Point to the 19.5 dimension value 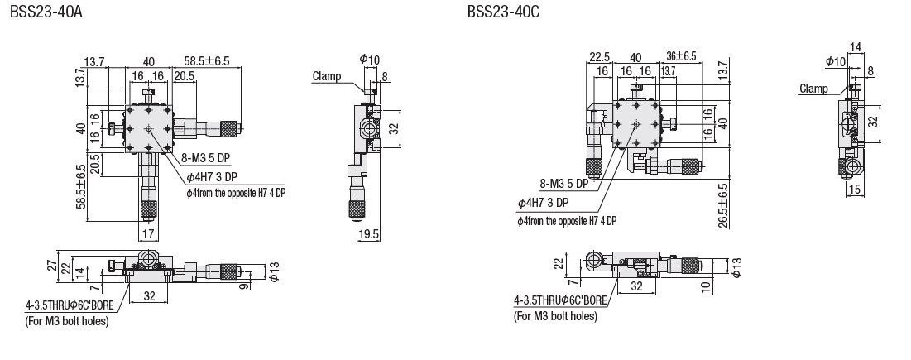[369, 235]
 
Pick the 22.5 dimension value [600, 57]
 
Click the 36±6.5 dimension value [682, 57]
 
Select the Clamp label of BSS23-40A [327, 77]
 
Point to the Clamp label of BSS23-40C [814, 89]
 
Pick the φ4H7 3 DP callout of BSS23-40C [543, 202]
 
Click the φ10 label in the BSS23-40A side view [370, 60]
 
